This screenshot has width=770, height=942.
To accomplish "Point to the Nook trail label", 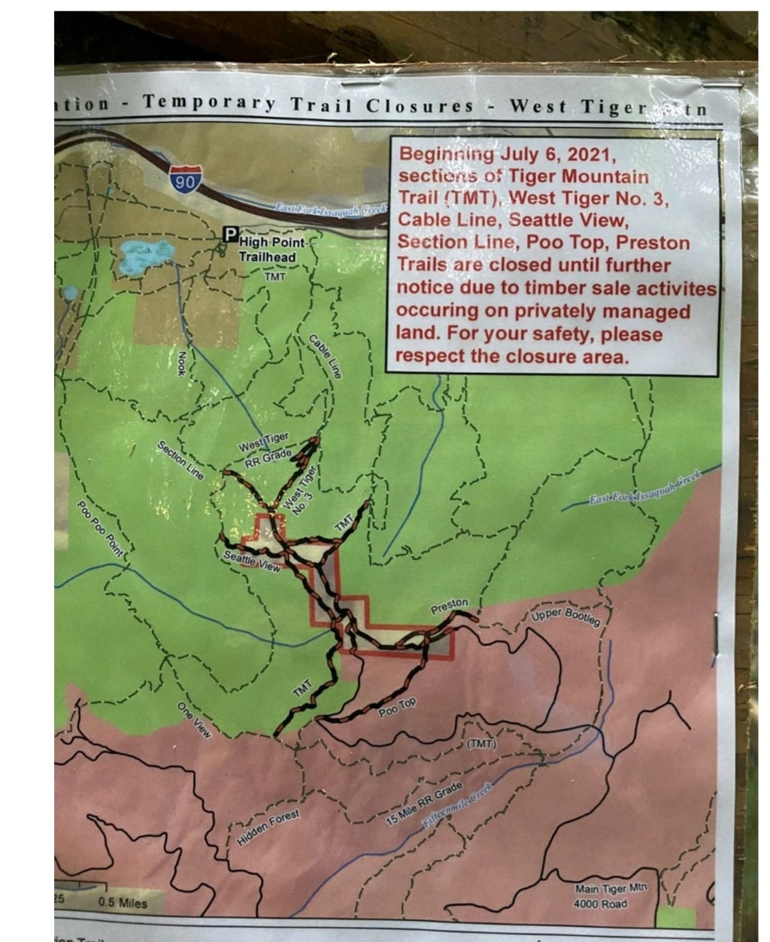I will (x=182, y=364).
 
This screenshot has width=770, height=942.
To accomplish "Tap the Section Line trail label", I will (x=180, y=460).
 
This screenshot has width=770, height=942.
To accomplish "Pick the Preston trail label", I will (x=449, y=605).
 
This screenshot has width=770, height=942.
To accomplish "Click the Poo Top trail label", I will (x=397, y=707).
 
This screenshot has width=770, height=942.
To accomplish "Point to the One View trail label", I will (x=192, y=719).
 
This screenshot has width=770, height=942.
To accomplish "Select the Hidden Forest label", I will (x=268, y=828).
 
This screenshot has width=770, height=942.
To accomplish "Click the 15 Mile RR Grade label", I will (x=424, y=804).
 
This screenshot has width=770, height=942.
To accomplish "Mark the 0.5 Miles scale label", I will (x=123, y=902).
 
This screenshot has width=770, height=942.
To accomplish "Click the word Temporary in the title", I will (x=211, y=104).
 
